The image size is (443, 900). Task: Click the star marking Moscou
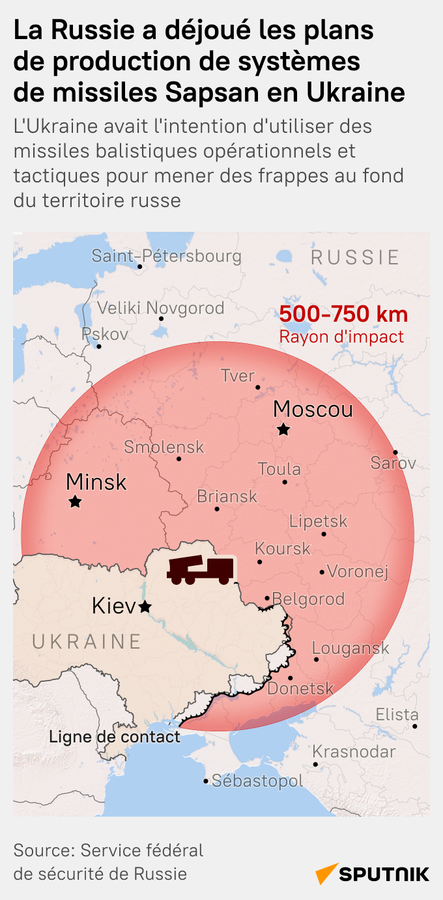click(283, 429)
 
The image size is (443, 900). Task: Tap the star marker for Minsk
click(76, 501)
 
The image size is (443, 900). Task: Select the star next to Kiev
click(145, 606)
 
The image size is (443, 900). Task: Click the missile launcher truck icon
click(200, 570)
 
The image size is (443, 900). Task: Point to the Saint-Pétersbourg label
click(166, 256)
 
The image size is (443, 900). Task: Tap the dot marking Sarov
click(395, 452)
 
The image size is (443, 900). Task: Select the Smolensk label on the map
click(164, 447)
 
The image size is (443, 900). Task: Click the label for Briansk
click(227, 497)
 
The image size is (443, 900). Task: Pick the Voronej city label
click(358, 572)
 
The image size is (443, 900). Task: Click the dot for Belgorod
click(267, 598)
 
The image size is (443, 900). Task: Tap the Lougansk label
click(350, 648)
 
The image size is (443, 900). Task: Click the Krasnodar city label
click(354, 752)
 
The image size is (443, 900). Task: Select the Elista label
click(397, 714)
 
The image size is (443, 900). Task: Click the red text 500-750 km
click(343, 315)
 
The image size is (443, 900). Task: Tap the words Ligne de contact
click(115, 737)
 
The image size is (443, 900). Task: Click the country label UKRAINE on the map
click(87, 641)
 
